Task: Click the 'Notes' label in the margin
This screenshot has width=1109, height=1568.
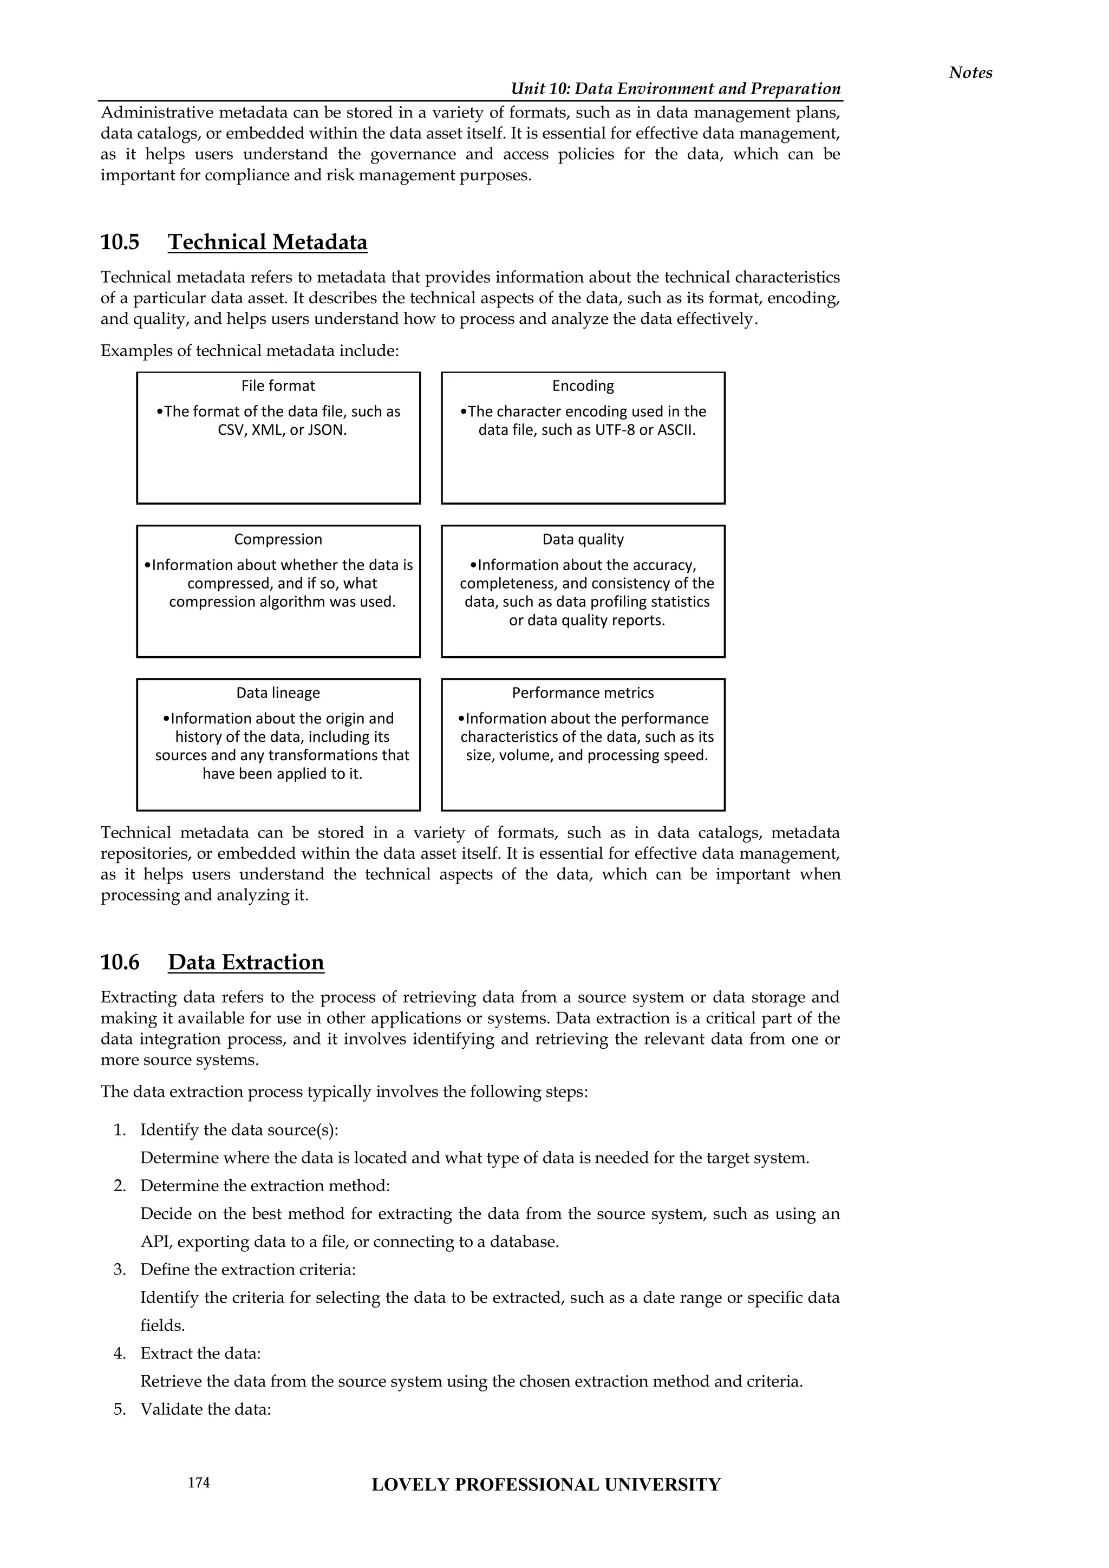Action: pos(970,73)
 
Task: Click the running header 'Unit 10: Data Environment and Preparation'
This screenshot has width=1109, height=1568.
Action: pos(675,89)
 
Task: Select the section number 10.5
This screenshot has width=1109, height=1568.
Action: pos(120,242)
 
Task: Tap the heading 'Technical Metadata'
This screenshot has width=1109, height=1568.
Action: pos(267,242)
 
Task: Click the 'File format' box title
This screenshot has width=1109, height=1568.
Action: pos(278,386)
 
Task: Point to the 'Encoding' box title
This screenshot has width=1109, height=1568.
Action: pos(583,386)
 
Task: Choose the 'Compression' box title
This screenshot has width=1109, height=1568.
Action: pos(278,539)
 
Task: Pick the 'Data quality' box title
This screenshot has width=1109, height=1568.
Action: pos(583,539)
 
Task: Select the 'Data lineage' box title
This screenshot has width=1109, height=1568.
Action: pos(278,692)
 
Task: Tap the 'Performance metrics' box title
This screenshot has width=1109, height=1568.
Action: pos(583,692)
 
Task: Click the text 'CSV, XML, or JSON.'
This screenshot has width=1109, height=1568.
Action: pos(282,430)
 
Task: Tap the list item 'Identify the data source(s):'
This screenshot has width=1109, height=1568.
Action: pos(239,1129)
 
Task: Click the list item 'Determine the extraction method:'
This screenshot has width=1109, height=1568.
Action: pos(265,1186)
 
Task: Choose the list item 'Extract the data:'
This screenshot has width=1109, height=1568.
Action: pos(200,1353)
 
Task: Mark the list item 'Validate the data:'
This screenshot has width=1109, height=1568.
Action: pos(206,1409)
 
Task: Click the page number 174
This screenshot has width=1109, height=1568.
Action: pos(199,1482)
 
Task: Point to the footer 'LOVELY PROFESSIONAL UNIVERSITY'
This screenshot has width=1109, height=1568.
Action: pos(546,1485)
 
